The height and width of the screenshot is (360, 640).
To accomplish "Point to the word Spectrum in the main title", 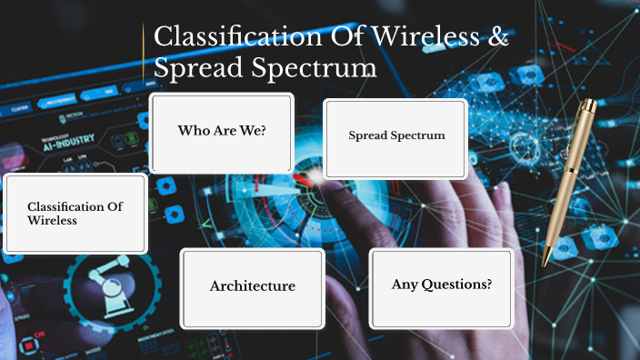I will coord(323,69).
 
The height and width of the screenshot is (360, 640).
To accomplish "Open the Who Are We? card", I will coord(221,132).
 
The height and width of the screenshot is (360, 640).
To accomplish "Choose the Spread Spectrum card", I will coord(396,137).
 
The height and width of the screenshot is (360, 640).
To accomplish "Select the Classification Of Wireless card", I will coord(75,214).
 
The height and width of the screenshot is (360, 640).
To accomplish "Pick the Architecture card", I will coord(252,286).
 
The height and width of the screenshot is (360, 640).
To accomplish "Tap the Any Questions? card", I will coord(442,286).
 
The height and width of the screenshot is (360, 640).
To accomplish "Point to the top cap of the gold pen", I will coord(590,106).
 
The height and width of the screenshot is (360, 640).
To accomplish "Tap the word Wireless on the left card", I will coord(52,220).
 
